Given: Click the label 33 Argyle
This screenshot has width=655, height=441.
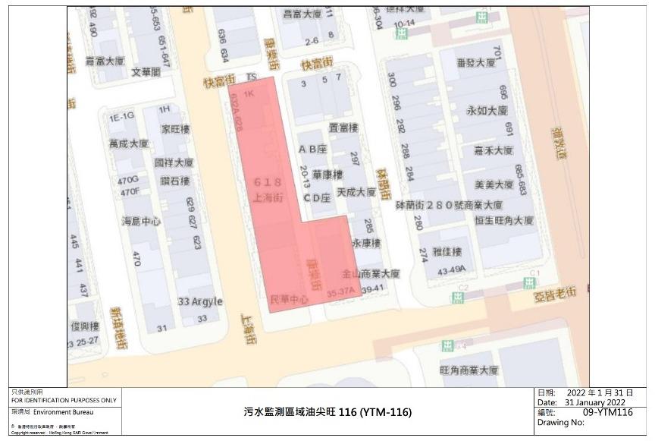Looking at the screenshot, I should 201,301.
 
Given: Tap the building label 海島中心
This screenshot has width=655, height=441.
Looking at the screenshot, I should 142,222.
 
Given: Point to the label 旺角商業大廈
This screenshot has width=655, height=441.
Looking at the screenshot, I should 469,370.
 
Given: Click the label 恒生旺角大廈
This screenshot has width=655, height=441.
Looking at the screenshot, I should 504,221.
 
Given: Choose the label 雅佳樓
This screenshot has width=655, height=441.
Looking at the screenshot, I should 447,251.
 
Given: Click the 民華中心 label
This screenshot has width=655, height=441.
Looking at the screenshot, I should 290,300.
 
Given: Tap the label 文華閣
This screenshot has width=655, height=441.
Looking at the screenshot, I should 146,72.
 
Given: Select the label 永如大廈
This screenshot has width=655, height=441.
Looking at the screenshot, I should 487,110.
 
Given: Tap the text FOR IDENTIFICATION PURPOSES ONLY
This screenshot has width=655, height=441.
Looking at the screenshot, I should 64,400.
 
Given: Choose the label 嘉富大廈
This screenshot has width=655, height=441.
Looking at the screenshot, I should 105,60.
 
